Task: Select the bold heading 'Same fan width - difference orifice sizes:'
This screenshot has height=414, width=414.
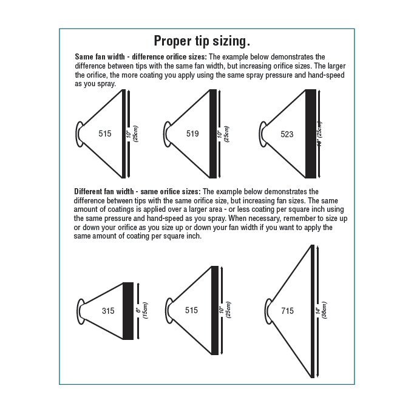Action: (141, 56)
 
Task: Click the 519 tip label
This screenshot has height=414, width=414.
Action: (192, 134)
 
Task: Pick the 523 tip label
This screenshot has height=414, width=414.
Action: (287, 134)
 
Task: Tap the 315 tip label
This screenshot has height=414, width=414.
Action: (108, 311)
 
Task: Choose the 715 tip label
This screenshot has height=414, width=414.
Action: (287, 311)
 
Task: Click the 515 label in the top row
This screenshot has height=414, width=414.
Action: (105, 134)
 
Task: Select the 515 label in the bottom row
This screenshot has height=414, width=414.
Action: (191, 310)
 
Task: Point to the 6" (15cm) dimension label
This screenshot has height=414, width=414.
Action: (141, 311)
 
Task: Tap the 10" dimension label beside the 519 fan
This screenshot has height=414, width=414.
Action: (223, 134)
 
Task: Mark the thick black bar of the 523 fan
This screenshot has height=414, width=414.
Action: (311, 134)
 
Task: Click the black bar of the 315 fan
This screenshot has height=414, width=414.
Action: (128, 311)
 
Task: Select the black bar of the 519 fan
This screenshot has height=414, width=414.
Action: (213, 134)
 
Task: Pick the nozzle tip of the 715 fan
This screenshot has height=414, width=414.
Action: (270, 311)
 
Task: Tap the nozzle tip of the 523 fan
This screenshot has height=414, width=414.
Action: (263, 134)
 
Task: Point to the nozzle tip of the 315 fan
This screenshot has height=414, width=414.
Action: (80, 311)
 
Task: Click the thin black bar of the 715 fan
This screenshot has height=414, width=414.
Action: (312, 311)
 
